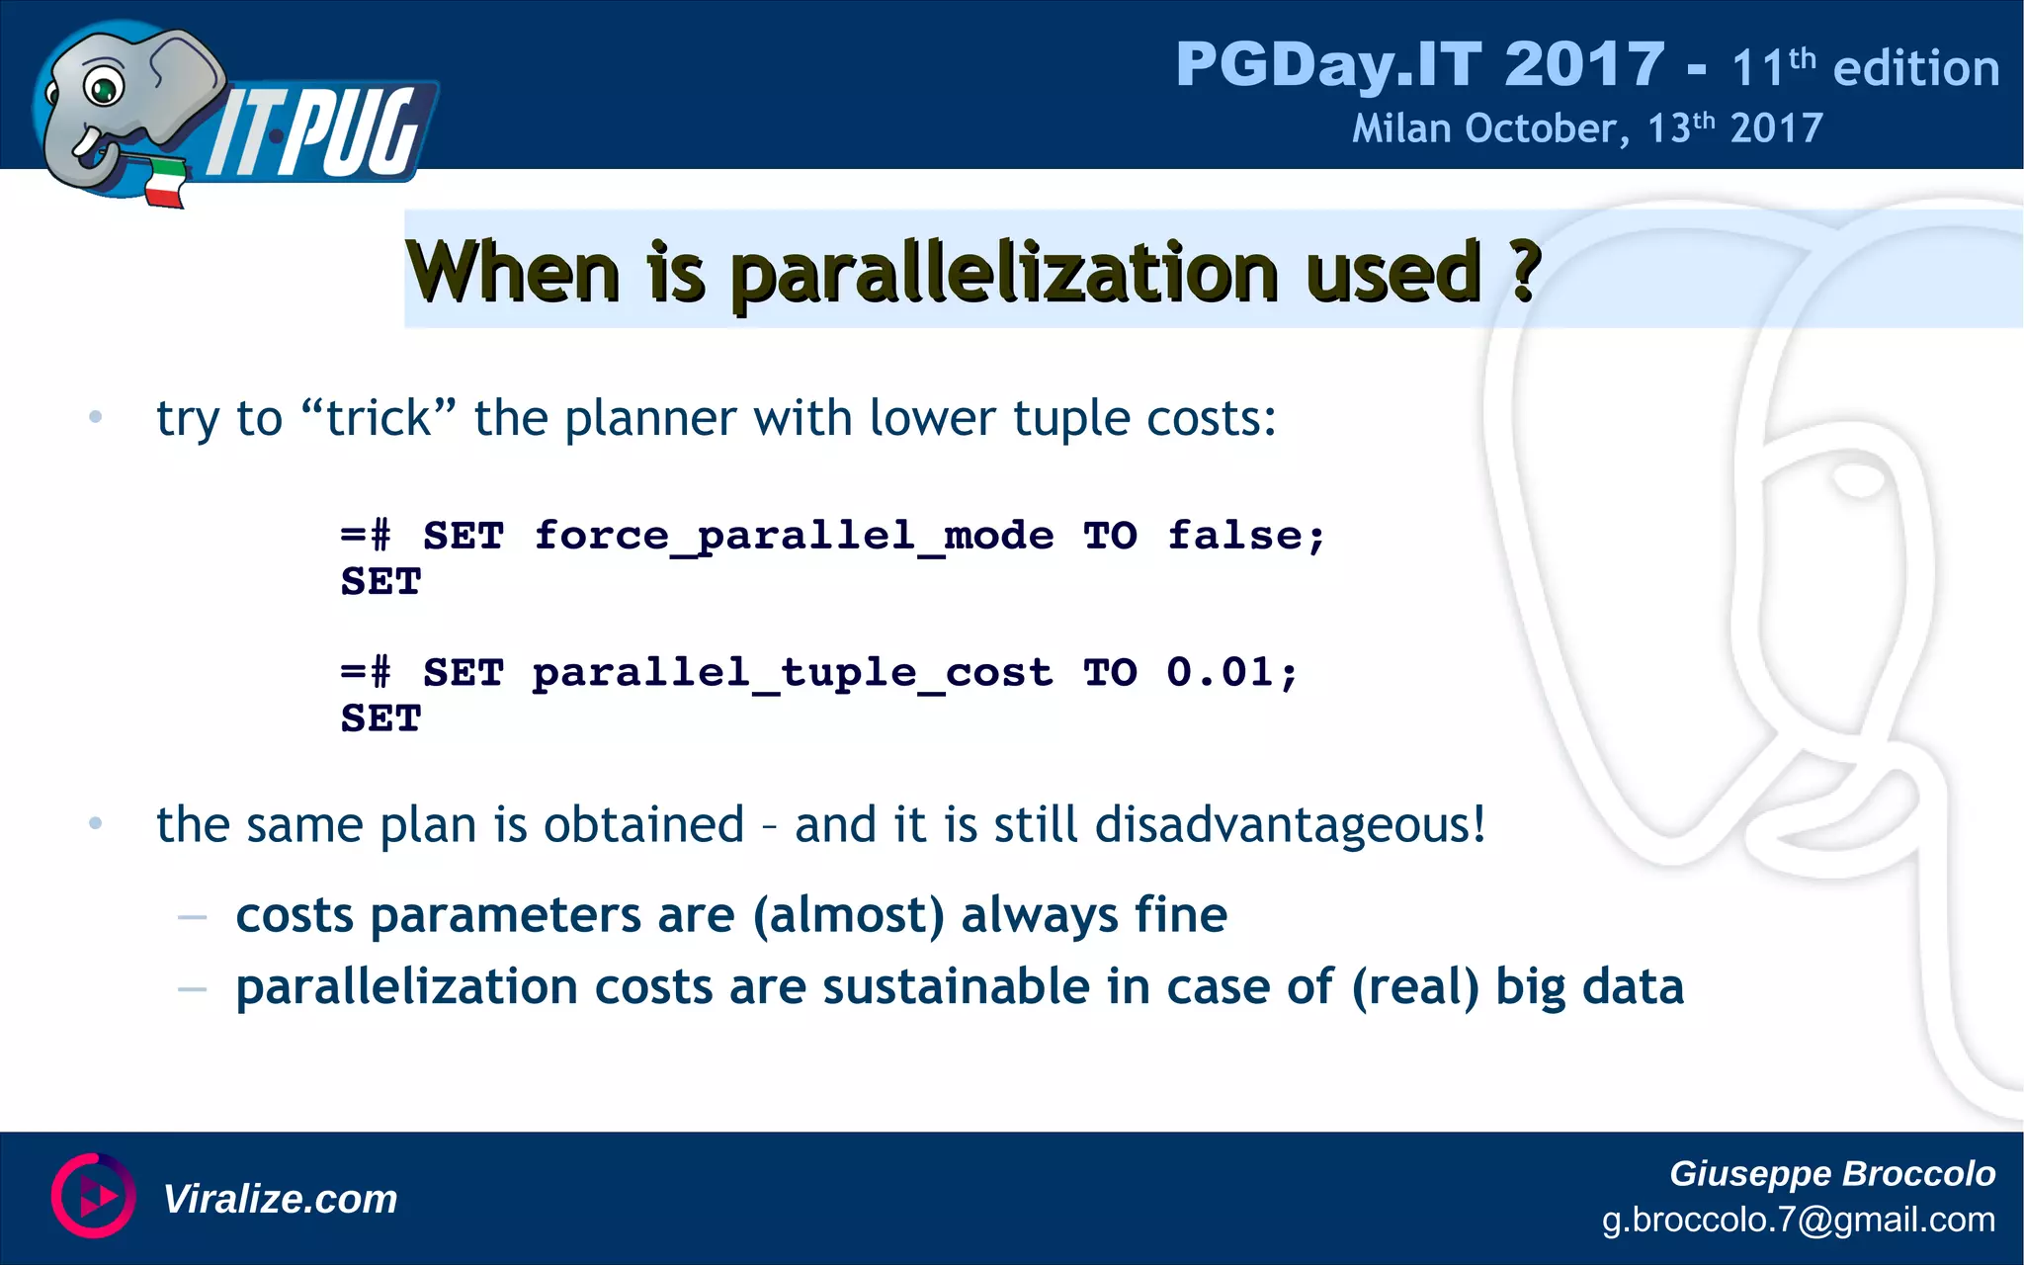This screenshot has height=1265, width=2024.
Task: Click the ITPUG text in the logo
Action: pos(316,133)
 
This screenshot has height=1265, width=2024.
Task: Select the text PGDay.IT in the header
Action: pos(1328,65)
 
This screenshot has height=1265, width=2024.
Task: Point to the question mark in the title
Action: pos(1525,271)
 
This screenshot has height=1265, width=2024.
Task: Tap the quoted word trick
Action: pos(379,418)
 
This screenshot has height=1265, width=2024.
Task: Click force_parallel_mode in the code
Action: pos(794,537)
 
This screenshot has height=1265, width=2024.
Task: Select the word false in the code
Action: pos(1234,536)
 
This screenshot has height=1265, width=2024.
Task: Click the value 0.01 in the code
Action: pos(1220,673)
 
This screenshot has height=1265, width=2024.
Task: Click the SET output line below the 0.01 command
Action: pos(380,718)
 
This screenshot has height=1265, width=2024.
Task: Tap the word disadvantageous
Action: pos(1289,824)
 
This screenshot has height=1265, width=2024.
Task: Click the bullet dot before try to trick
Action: pos(95,417)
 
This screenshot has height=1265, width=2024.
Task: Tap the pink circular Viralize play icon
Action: pos(93,1196)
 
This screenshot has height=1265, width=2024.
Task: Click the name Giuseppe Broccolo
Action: pos(1831,1173)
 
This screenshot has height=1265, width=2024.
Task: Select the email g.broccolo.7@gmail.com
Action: pos(1798,1220)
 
